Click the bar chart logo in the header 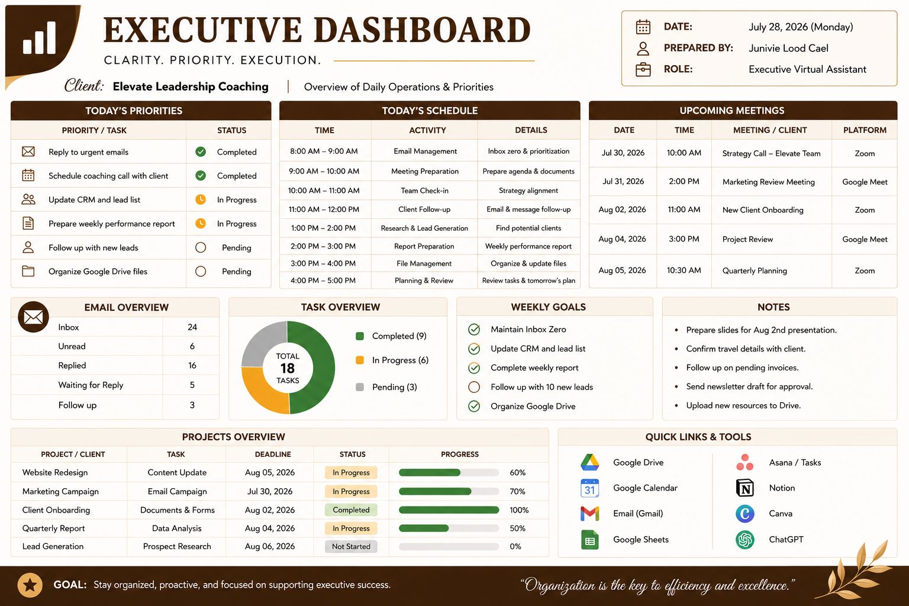tap(40, 37)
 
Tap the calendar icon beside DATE tap(643, 27)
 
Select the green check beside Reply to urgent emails tap(201, 152)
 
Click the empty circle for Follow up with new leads tap(201, 247)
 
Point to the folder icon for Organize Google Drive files tap(28, 271)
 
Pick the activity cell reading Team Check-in tap(424, 191)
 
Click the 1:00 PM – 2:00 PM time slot tap(324, 228)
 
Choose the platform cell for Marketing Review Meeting tap(865, 182)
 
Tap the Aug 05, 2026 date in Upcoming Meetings tap(622, 270)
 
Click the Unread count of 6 tap(192, 346)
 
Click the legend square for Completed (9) tap(360, 336)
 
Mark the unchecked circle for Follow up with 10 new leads tap(474, 387)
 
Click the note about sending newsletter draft tap(749, 386)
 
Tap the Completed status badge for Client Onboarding tap(351, 510)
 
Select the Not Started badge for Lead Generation tap(351, 546)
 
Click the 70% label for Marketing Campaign tap(517, 492)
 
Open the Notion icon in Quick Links tap(744, 488)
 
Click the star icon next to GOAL tap(30, 585)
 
